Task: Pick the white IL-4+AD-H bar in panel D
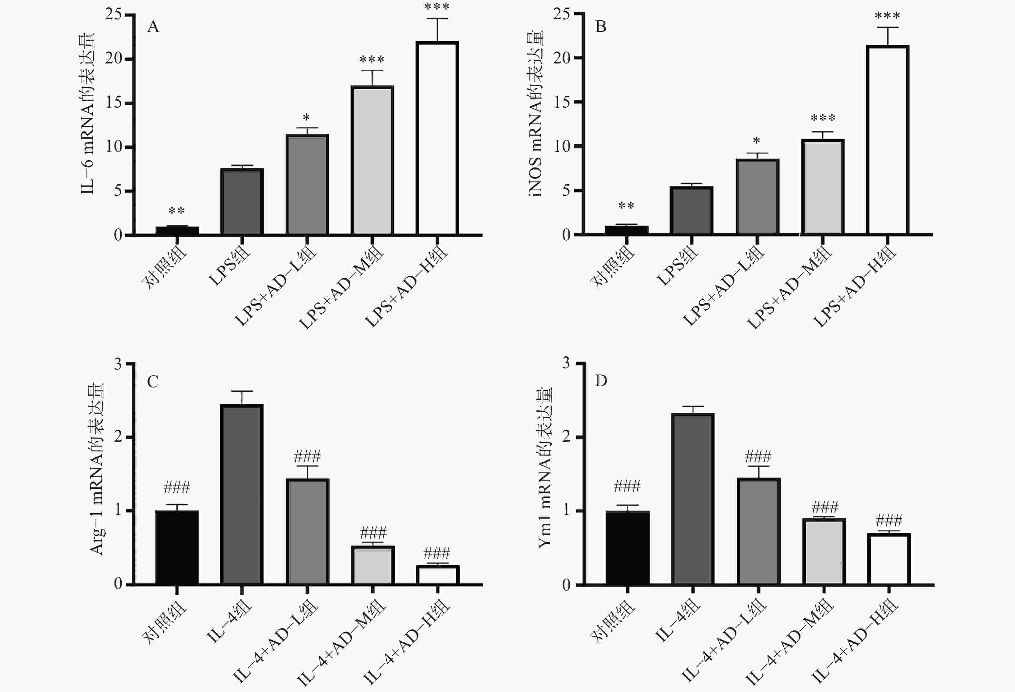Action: [889, 559]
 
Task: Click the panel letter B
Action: [601, 27]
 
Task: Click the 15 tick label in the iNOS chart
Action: [562, 102]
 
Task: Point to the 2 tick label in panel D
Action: [566, 437]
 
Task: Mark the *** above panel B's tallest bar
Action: [887, 16]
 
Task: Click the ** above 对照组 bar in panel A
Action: [177, 211]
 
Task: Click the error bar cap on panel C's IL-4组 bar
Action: [242, 391]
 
